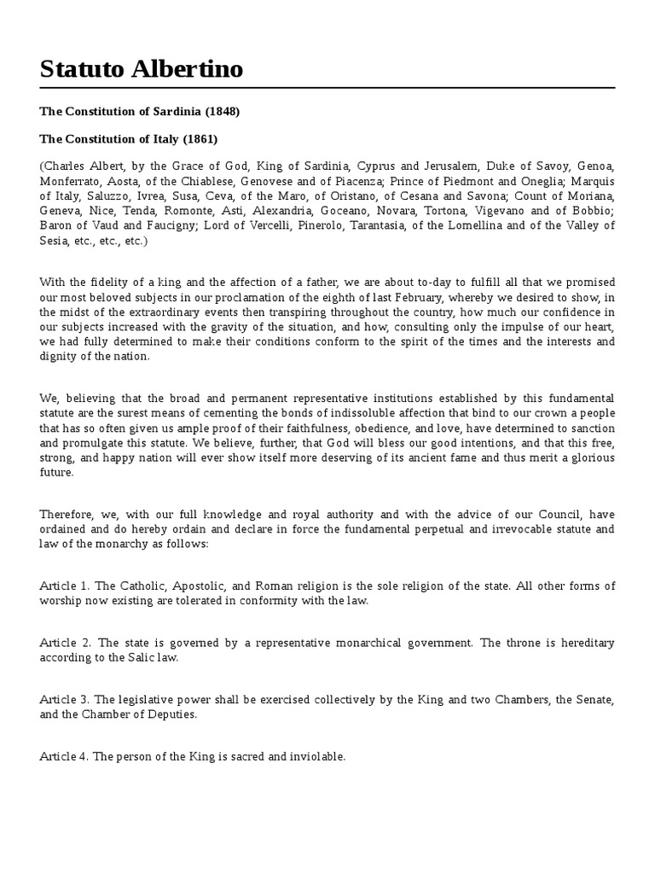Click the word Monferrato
click(71, 180)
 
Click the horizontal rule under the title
click(327, 88)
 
